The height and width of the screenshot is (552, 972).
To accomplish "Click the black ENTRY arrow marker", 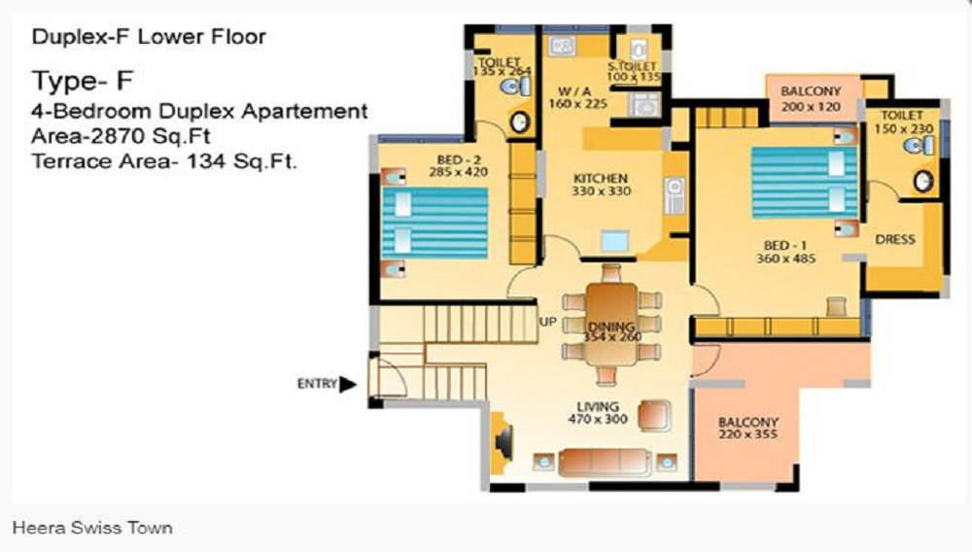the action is (348, 384).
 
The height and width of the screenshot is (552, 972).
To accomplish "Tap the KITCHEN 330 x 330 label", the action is (601, 185).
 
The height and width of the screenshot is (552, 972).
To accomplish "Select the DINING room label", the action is (611, 327).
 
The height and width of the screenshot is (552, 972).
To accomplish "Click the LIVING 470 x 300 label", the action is (598, 413).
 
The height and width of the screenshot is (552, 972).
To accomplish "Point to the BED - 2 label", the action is (458, 159).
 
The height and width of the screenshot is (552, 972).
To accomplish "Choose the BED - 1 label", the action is (785, 245).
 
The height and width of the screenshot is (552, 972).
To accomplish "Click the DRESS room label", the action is (895, 239).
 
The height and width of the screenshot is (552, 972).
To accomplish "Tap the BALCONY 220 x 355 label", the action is (748, 428).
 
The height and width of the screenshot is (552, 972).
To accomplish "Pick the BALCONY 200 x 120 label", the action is (811, 98).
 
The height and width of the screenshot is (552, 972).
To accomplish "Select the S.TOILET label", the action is (631, 66).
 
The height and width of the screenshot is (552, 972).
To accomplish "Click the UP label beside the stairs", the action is (547, 322).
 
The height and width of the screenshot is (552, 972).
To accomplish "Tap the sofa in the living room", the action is (605, 463).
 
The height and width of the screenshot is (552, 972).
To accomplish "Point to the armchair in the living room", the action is (654, 414).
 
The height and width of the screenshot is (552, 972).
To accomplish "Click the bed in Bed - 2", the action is (434, 223).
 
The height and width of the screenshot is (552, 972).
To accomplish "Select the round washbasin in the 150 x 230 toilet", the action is (923, 181).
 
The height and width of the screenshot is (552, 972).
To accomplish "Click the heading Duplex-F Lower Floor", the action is (149, 37).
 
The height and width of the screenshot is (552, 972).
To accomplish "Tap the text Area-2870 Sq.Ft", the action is (121, 136).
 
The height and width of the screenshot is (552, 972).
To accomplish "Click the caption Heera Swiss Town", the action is (92, 528).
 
